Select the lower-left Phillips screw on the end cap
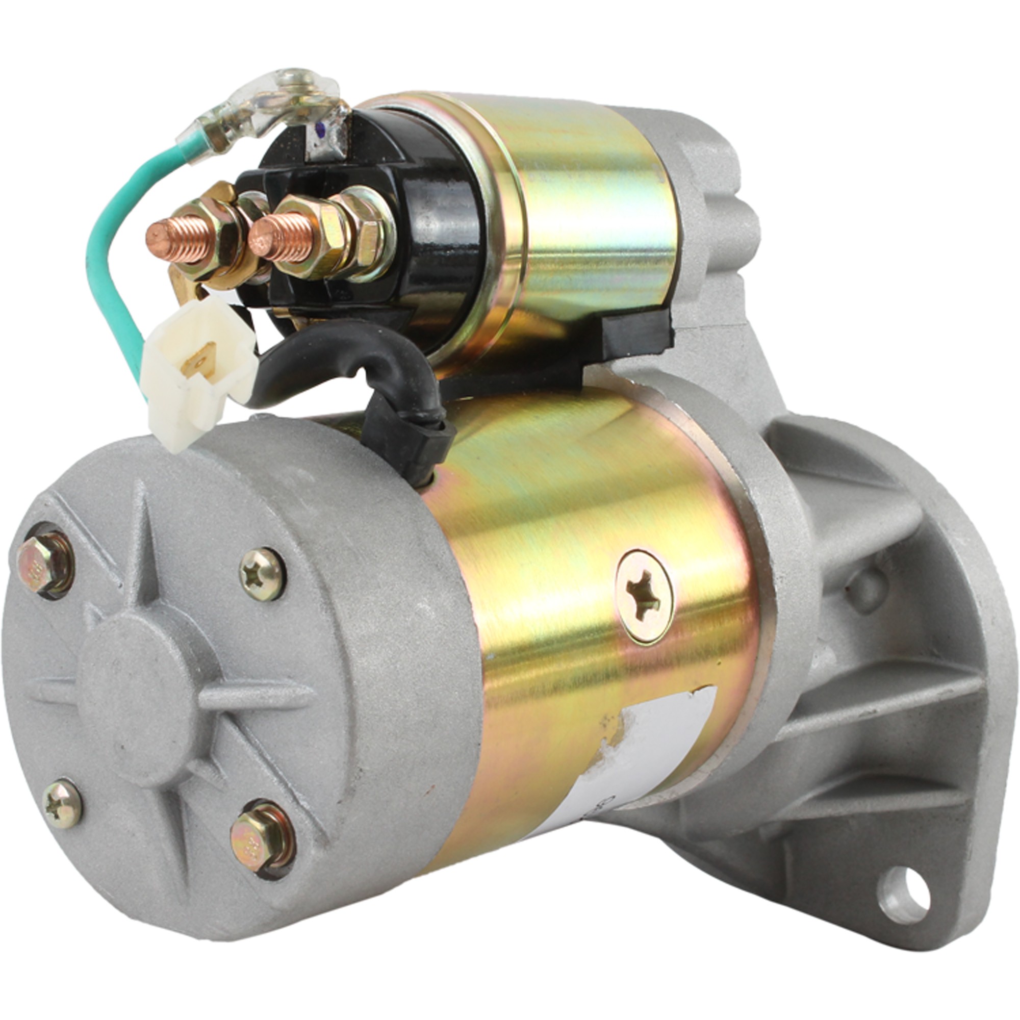click(62, 804)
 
